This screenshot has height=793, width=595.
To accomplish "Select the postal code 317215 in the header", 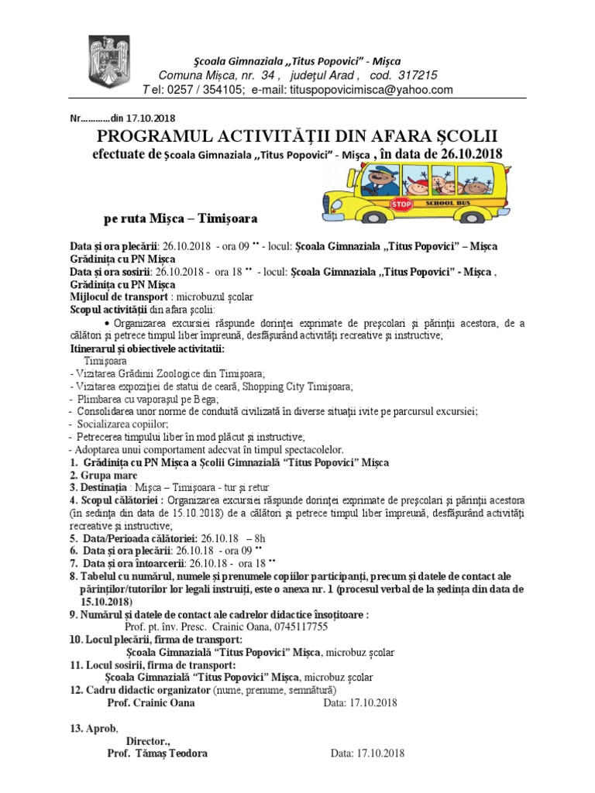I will pos(416,75).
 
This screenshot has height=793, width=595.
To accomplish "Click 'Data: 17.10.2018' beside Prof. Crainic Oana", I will pos(359,702).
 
